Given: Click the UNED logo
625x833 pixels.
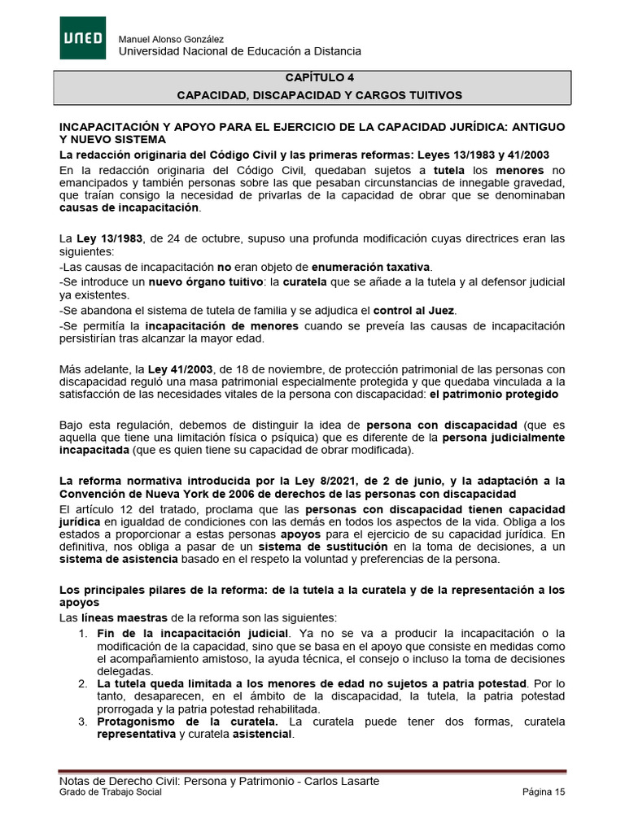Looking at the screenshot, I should (82, 38).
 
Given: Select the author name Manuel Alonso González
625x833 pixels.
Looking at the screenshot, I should (172, 40).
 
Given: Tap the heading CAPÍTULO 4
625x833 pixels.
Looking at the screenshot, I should (320, 79).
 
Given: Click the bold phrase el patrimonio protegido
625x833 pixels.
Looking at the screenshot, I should (494, 394).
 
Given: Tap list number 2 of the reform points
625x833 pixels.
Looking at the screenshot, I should (83, 683).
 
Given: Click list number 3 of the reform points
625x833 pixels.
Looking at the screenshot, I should (83, 722).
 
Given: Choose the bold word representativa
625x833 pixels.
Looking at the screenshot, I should (136, 734).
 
